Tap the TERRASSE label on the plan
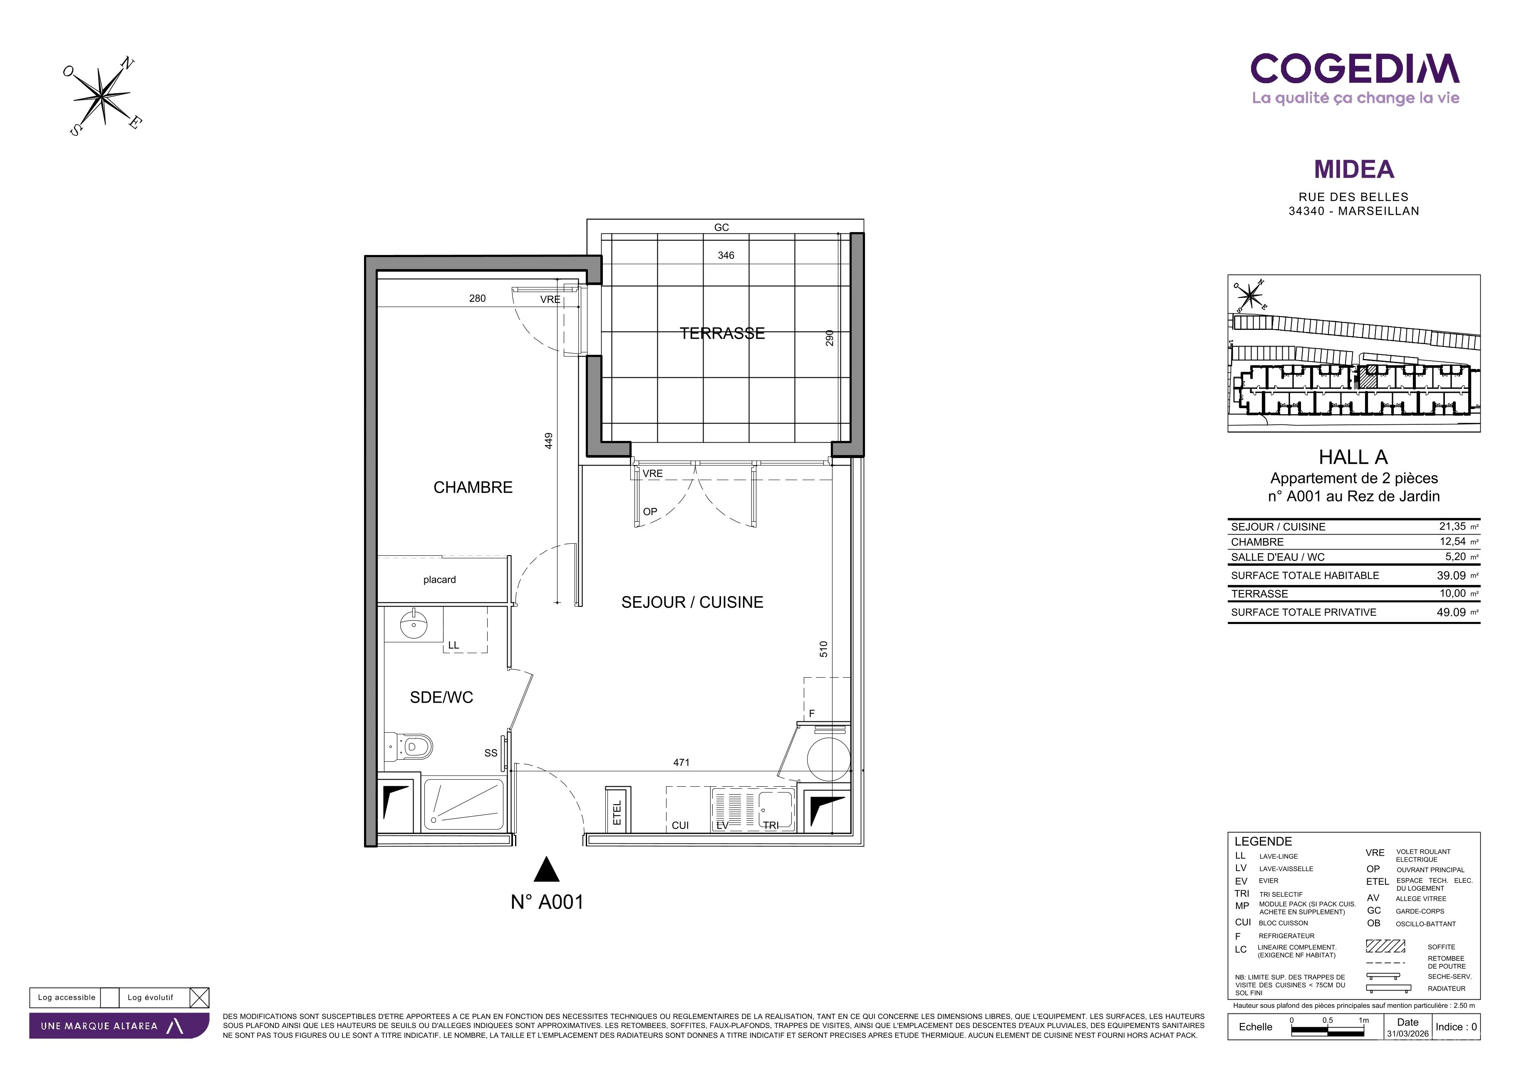(x=722, y=334)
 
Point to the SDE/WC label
(x=441, y=698)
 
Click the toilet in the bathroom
(x=409, y=747)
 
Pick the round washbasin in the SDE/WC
(x=414, y=624)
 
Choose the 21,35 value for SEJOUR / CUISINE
(x=1452, y=527)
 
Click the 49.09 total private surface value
(x=1451, y=612)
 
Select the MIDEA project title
(x=1354, y=169)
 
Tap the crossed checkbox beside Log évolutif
(x=199, y=998)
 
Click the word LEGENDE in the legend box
(x=1263, y=842)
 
